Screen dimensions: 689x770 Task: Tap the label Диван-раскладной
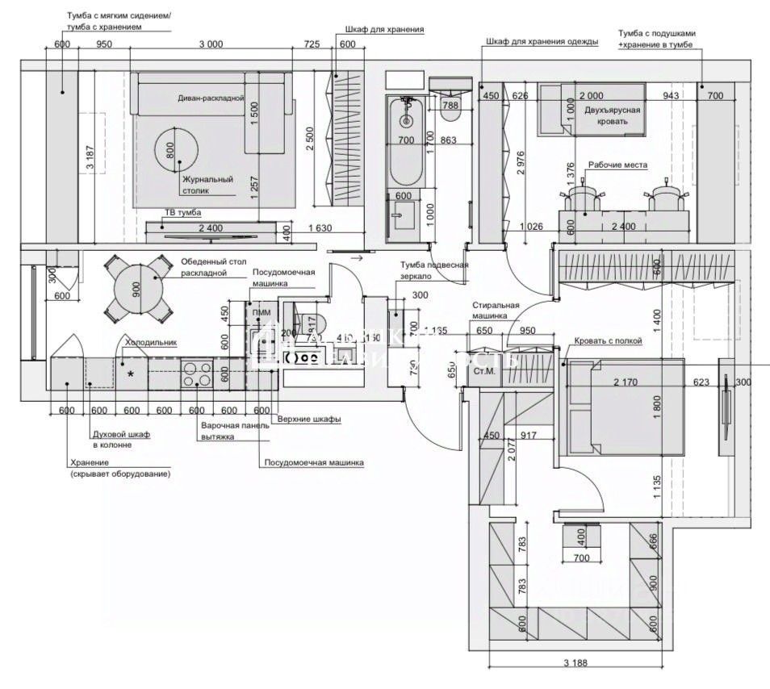point(211,98)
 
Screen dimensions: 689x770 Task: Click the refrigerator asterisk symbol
point(130,374)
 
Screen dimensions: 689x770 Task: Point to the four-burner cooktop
point(197,374)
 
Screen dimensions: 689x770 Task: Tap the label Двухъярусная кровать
point(613,115)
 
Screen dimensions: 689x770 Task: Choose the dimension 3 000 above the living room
point(209,45)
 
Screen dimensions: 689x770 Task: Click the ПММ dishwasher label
point(261,312)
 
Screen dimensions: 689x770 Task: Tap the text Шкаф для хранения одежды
point(542,42)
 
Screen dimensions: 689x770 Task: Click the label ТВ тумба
point(183,212)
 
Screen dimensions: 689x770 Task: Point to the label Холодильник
point(150,342)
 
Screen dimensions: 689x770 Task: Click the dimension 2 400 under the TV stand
point(210,228)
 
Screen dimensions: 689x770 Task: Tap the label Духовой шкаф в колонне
point(121,439)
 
